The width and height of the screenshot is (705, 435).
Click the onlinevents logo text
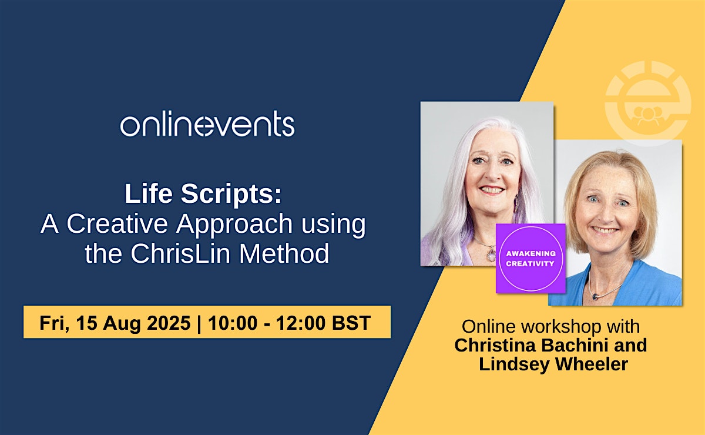click(x=207, y=123)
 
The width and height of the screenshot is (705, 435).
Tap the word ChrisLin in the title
click(x=181, y=253)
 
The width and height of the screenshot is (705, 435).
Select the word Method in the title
click(x=284, y=253)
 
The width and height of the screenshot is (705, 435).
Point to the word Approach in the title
click(x=234, y=225)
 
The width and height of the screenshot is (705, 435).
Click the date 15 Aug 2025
click(x=133, y=323)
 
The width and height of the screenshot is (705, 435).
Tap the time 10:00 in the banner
click(x=233, y=323)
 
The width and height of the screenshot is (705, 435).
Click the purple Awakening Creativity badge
click(x=531, y=258)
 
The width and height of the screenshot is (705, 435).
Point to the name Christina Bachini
click(x=531, y=345)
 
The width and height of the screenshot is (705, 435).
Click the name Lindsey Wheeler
click(x=553, y=364)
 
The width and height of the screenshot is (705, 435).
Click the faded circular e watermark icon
click(x=648, y=103)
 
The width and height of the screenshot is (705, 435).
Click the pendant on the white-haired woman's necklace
click(x=491, y=253)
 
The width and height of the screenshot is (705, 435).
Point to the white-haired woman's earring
click(x=516, y=204)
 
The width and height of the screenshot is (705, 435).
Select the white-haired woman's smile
click(x=492, y=190)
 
